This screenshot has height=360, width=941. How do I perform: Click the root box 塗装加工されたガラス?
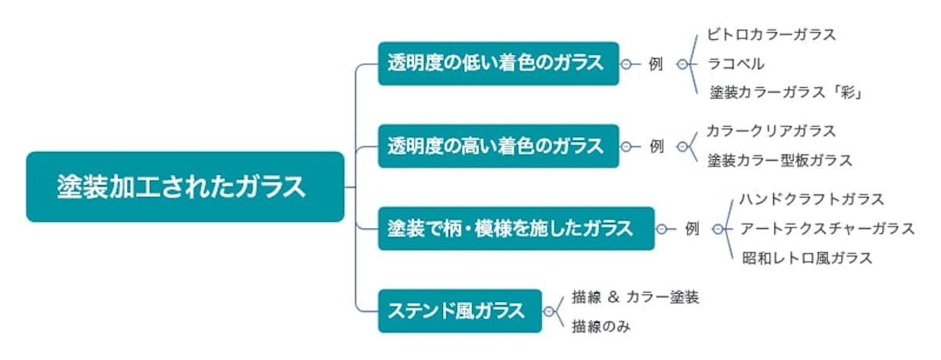(x=185, y=187)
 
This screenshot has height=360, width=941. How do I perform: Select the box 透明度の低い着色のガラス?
(x=498, y=64)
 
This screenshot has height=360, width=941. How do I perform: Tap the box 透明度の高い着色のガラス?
(x=498, y=146)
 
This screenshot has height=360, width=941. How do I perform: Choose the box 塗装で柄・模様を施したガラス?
(x=515, y=228)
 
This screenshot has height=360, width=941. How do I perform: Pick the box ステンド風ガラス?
(x=460, y=311)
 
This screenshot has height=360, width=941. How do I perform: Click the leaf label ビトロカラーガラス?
(x=771, y=35)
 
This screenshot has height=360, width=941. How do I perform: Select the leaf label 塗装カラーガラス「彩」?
(x=787, y=93)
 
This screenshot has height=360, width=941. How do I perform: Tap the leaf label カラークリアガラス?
(x=771, y=131)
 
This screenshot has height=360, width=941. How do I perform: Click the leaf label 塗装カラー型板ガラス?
(x=779, y=161)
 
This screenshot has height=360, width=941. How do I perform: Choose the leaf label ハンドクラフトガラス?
(x=812, y=199)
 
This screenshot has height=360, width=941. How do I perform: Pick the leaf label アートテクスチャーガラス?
(x=827, y=228)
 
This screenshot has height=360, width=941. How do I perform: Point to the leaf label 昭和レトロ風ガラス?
(x=807, y=258)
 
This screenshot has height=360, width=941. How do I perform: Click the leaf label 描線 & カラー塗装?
(x=635, y=296)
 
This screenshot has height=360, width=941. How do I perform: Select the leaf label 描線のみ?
(x=601, y=325)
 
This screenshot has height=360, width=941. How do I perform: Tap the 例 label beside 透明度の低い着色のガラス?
(x=656, y=64)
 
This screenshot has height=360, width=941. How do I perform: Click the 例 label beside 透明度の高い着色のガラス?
(x=656, y=146)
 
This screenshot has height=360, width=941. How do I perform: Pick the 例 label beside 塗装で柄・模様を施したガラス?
(x=691, y=229)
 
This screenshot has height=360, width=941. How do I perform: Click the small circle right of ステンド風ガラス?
(x=549, y=311)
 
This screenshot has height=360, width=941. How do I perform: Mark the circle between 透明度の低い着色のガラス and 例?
(x=626, y=64)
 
